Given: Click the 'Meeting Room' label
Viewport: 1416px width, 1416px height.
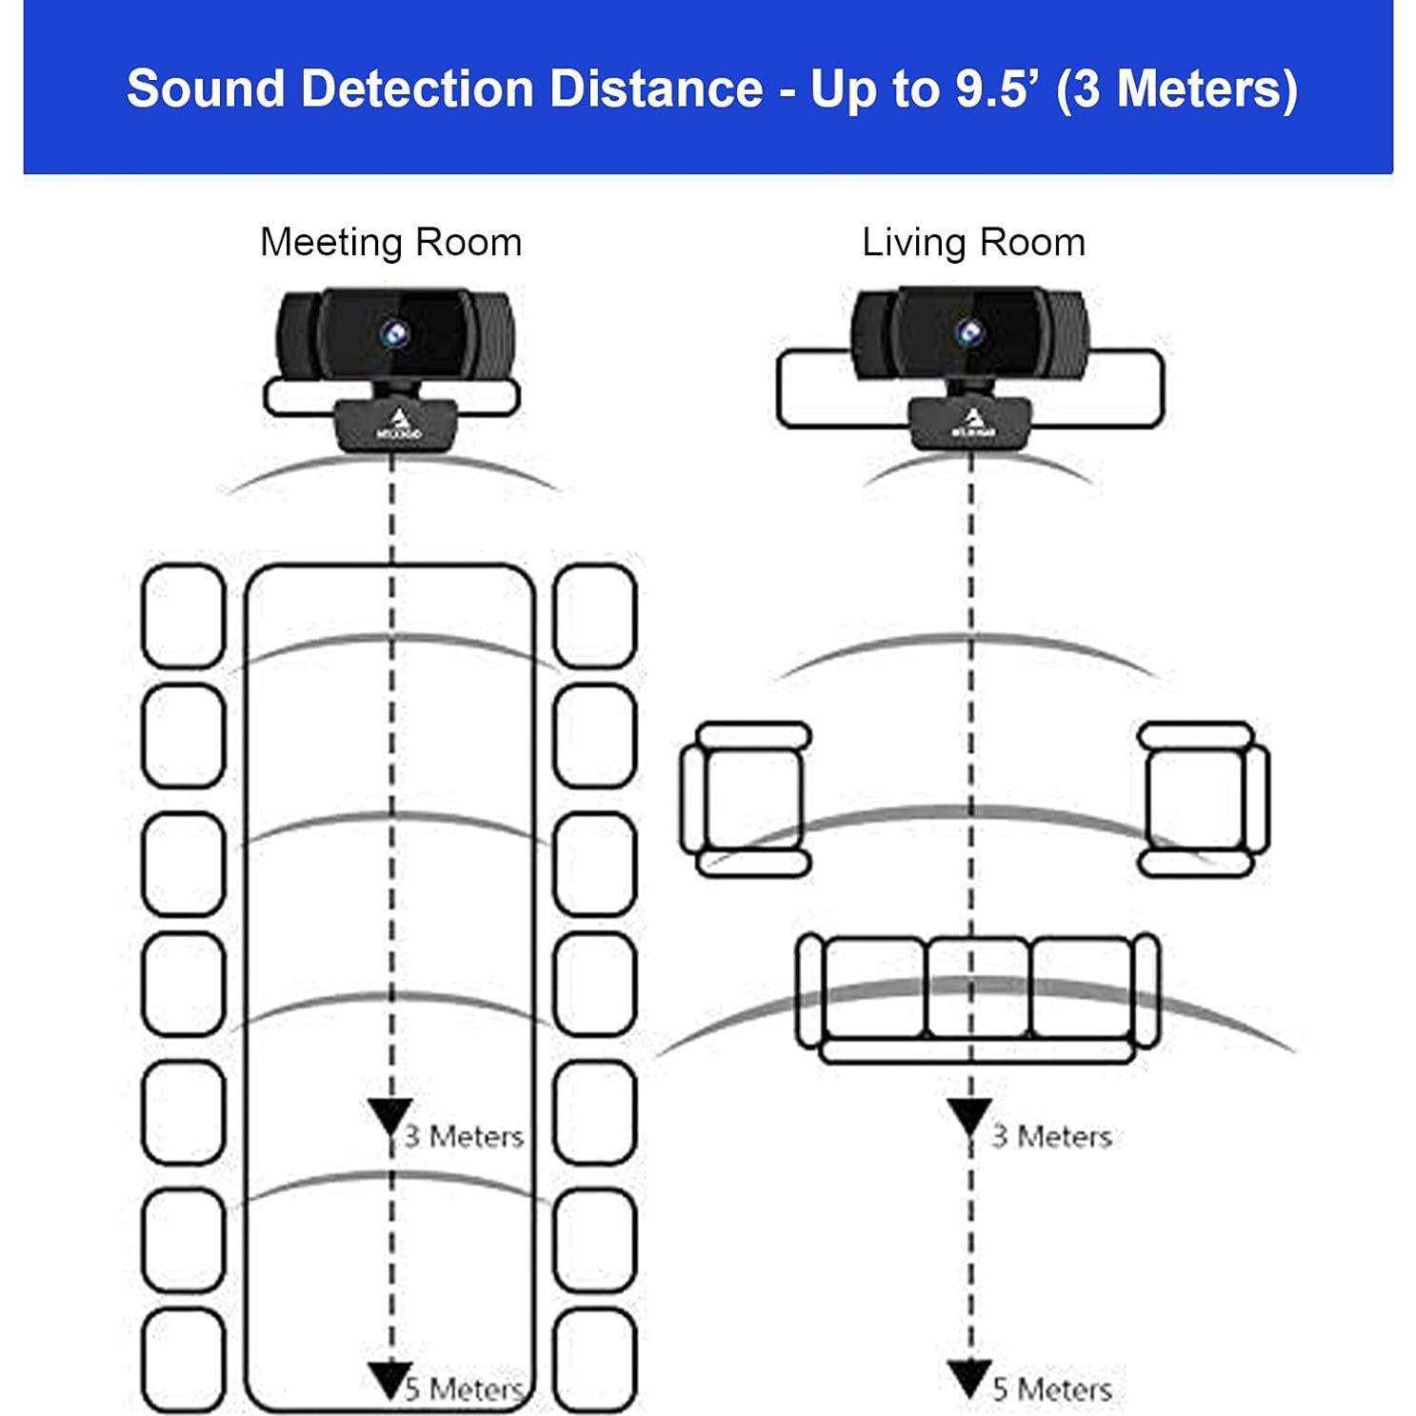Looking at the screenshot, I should click(390, 243).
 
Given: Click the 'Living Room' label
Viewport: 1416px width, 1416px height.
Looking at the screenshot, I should click(973, 243).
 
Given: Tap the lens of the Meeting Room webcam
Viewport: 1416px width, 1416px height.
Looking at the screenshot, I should click(394, 332).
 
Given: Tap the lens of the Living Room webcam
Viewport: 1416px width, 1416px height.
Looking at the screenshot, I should click(969, 332).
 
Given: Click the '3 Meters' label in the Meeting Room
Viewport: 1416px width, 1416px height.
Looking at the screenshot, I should click(464, 1136).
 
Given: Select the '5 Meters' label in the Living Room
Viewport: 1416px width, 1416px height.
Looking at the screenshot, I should click(1051, 1388).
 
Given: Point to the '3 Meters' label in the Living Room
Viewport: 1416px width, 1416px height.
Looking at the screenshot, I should click(1051, 1136).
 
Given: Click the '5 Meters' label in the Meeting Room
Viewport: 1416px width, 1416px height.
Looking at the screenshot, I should click(464, 1388).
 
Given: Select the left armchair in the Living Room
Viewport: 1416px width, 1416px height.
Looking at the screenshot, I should click(746, 798).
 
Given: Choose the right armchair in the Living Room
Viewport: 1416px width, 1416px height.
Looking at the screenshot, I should click(1204, 798).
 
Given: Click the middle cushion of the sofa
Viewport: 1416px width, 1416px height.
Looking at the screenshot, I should click(977, 987).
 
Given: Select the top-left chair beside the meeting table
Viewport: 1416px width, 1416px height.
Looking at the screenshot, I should click(183, 616).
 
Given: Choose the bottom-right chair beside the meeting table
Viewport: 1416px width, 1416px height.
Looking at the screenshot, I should click(595, 1360).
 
